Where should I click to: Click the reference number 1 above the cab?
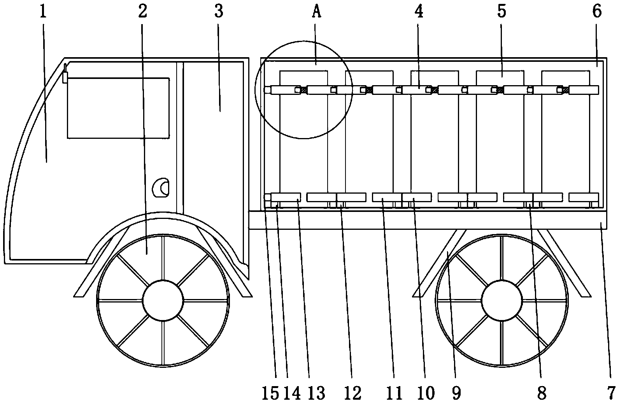point(43,12)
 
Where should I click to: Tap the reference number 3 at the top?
point(219,12)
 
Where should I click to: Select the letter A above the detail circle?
point(317,12)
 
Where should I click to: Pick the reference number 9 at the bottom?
point(456,393)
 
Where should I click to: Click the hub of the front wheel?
point(163,301)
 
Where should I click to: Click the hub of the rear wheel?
point(502,301)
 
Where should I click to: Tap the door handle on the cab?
point(161,188)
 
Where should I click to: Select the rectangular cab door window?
point(118,108)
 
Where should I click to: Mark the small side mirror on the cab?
point(65,76)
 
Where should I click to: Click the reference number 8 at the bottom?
point(542,393)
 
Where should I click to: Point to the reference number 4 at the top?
point(419,12)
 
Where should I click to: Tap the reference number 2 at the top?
point(142,12)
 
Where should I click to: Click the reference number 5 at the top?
point(502,12)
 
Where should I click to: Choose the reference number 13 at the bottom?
point(316,393)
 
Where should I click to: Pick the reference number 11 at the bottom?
point(394,393)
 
